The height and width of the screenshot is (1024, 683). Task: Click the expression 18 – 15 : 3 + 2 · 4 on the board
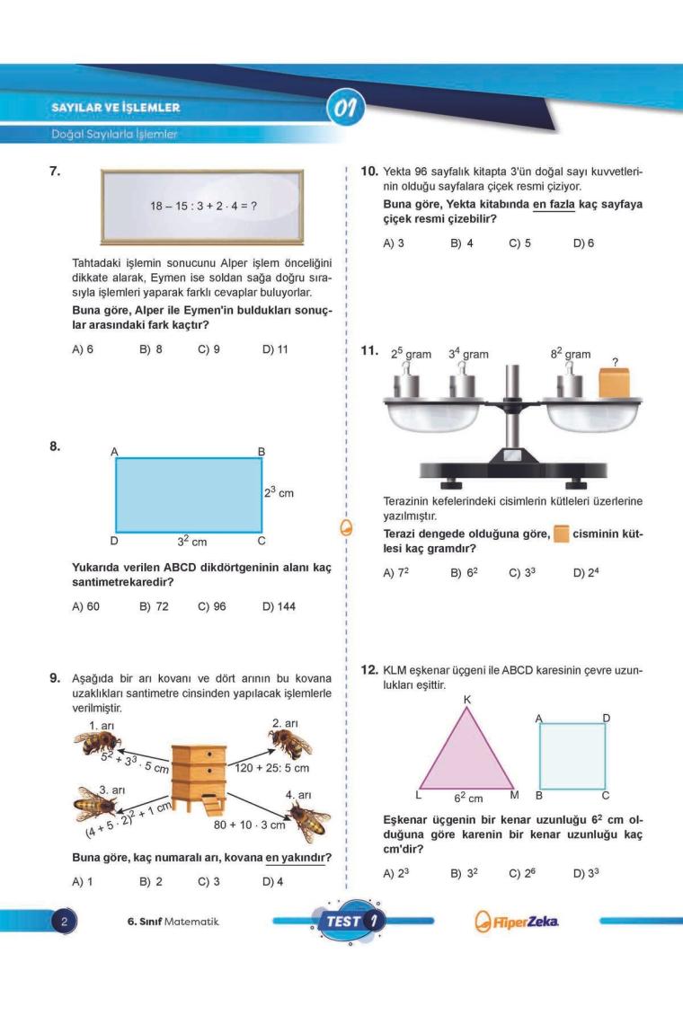[x=204, y=206]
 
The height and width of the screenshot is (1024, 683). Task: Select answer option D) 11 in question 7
[x=275, y=349]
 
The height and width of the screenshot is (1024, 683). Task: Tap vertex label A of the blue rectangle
[x=115, y=451]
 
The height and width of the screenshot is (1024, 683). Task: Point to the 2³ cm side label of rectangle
[x=279, y=493]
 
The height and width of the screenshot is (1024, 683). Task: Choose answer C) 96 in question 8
[x=212, y=606]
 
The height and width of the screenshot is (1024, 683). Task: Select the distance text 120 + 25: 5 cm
[x=272, y=768]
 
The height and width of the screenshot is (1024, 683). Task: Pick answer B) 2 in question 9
[x=151, y=881]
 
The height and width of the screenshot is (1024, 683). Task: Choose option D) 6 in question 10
[x=583, y=243]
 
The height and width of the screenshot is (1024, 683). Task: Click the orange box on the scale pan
[x=614, y=384]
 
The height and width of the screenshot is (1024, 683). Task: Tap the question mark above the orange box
[x=616, y=361]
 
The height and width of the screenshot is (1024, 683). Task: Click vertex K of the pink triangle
[x=467, y=700]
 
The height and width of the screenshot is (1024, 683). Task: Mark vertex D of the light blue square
[x=607, y=718]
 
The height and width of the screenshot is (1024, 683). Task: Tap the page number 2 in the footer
[x=65, y=922]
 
